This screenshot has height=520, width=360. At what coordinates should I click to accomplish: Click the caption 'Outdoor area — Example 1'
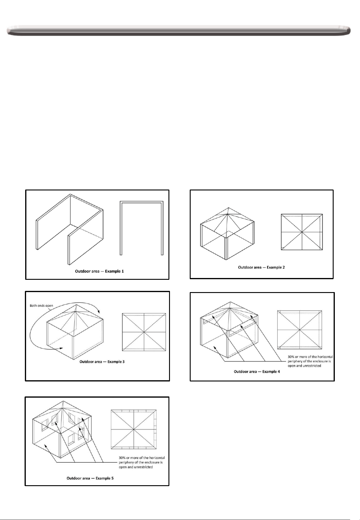pos(99,271)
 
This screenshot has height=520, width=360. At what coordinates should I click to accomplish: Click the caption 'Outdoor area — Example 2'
pos(261,267)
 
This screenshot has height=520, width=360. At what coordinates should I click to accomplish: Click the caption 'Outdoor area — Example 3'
pos(102,362)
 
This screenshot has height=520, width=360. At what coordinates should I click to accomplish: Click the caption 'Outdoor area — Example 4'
pos(257,372)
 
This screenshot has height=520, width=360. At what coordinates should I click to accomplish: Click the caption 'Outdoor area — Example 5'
pos(90,478)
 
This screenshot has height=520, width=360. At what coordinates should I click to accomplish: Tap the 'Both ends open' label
pos(41,306)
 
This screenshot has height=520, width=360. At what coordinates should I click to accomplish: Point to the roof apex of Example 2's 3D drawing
pos(228,208)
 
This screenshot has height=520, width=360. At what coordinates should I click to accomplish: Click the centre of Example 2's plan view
pos(302,232)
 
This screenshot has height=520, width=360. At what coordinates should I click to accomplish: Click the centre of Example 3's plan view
pos(144,332)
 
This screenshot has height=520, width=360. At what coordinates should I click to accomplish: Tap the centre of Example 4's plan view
pos(300,330)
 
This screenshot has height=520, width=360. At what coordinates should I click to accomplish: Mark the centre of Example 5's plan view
pos(134,429)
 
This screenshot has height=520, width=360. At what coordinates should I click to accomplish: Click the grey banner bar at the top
pos(179,31)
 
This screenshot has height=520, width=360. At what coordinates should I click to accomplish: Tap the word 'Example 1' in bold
pos(115,271)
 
